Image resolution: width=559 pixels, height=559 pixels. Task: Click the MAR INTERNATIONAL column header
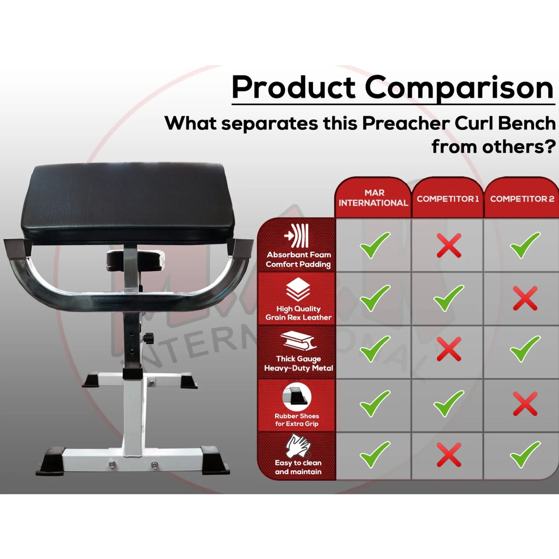(x=373, y=198)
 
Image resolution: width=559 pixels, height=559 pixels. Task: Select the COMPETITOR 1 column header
(x=448, y=199)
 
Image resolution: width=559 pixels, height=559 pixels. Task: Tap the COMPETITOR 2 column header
(x=522, y=199)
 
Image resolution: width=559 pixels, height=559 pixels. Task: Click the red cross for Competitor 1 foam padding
(x=449, y=245)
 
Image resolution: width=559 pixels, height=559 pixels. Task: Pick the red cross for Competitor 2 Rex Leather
(x=525, y=298)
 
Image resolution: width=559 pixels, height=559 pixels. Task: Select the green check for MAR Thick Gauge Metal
(x=374, y=349)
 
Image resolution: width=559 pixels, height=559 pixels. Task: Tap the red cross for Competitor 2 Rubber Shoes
(x=525, y=403)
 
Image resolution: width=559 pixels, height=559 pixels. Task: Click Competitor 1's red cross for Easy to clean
(x=449, y=455)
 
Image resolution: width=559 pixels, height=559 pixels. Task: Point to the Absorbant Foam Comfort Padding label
(x=298, y=260)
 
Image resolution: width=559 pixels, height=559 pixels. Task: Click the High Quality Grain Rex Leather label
(x=298, y=313)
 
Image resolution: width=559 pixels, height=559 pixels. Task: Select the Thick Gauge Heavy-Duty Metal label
(x=298, y=364)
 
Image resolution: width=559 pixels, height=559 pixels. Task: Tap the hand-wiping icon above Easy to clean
(x=297, y=446)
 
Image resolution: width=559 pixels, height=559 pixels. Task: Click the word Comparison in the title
(x=459, y=87)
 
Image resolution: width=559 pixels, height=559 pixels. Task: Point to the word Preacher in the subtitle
(x=406, y=123)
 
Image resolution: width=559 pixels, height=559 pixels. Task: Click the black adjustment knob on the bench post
(x=148, y=338)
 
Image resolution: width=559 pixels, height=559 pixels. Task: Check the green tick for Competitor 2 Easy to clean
(x=525, y=455)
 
